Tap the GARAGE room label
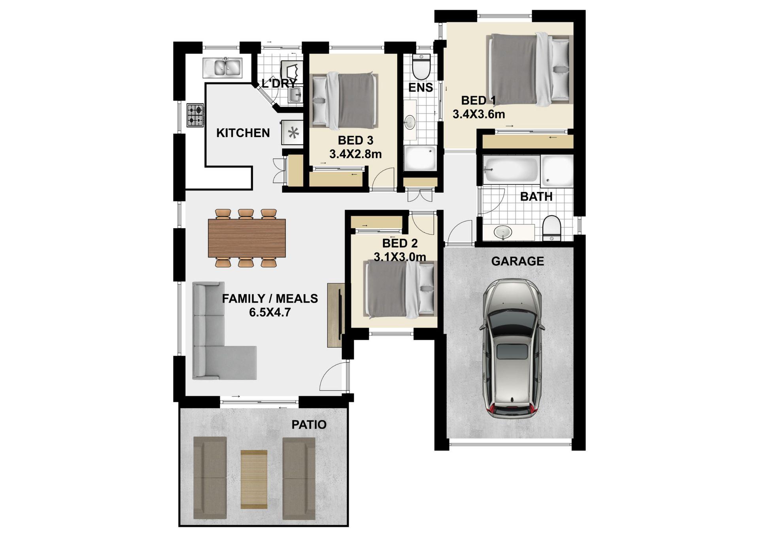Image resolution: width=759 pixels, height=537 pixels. coord(517,261)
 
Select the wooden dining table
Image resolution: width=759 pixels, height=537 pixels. coord(247,238)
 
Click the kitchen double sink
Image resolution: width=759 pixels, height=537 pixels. coord(223,68)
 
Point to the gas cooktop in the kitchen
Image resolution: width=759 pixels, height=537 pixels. coord(195,115)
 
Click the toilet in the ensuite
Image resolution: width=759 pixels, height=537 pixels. coord(421,67)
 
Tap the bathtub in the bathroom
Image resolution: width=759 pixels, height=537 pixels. coord(511,170)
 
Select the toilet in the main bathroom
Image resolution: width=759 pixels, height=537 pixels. coord(552,228)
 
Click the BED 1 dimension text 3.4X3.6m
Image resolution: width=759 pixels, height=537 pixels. coord(479,115)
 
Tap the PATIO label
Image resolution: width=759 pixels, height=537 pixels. coord(309,425)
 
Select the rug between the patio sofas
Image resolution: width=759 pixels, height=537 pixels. coord(254,479)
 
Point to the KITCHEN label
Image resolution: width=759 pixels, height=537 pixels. coord(243,133)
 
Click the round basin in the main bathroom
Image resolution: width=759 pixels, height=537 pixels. coord(503,232)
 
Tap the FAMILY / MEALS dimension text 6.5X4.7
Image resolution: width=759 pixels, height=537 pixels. coord(270,312)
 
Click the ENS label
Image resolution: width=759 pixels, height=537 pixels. coord(420,87)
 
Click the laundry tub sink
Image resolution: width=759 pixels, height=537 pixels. coord(294,95)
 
